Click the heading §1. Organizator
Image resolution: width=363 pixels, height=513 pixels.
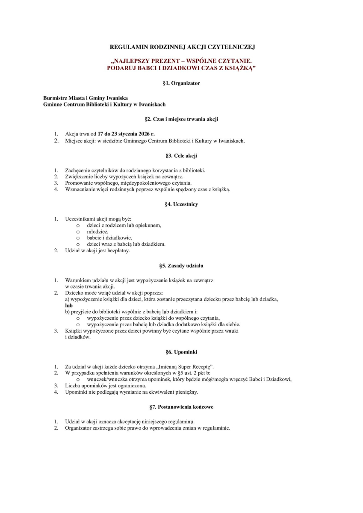pyautogui.click(x=181, y=83)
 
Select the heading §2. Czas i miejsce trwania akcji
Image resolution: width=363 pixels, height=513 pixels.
pyautogui.click(x=181, y=119)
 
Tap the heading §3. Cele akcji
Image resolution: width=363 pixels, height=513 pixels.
pyautogui.click(x=181, y=156)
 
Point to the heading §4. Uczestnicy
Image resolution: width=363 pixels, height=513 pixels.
pyautogui.click(x=181, y=204)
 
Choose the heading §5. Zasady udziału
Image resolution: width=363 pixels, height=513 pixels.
pyautogui.click(x=181, y=265)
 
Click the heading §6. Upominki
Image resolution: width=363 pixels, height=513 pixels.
pyautogui.click(x=181, y=352)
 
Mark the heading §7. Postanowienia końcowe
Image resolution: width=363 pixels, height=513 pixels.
pyautogui.click(x=181, y=407)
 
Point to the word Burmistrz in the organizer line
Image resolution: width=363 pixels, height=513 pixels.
pyautogui.click(x=56, y=98)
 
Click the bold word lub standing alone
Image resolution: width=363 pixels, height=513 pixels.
pyautogui.click(x=69, y=305)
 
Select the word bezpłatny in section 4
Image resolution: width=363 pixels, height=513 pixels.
pyautogui.click(x=118, y=251)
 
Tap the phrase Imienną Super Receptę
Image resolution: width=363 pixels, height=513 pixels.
pyautogui.click(x=188, y=366)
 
